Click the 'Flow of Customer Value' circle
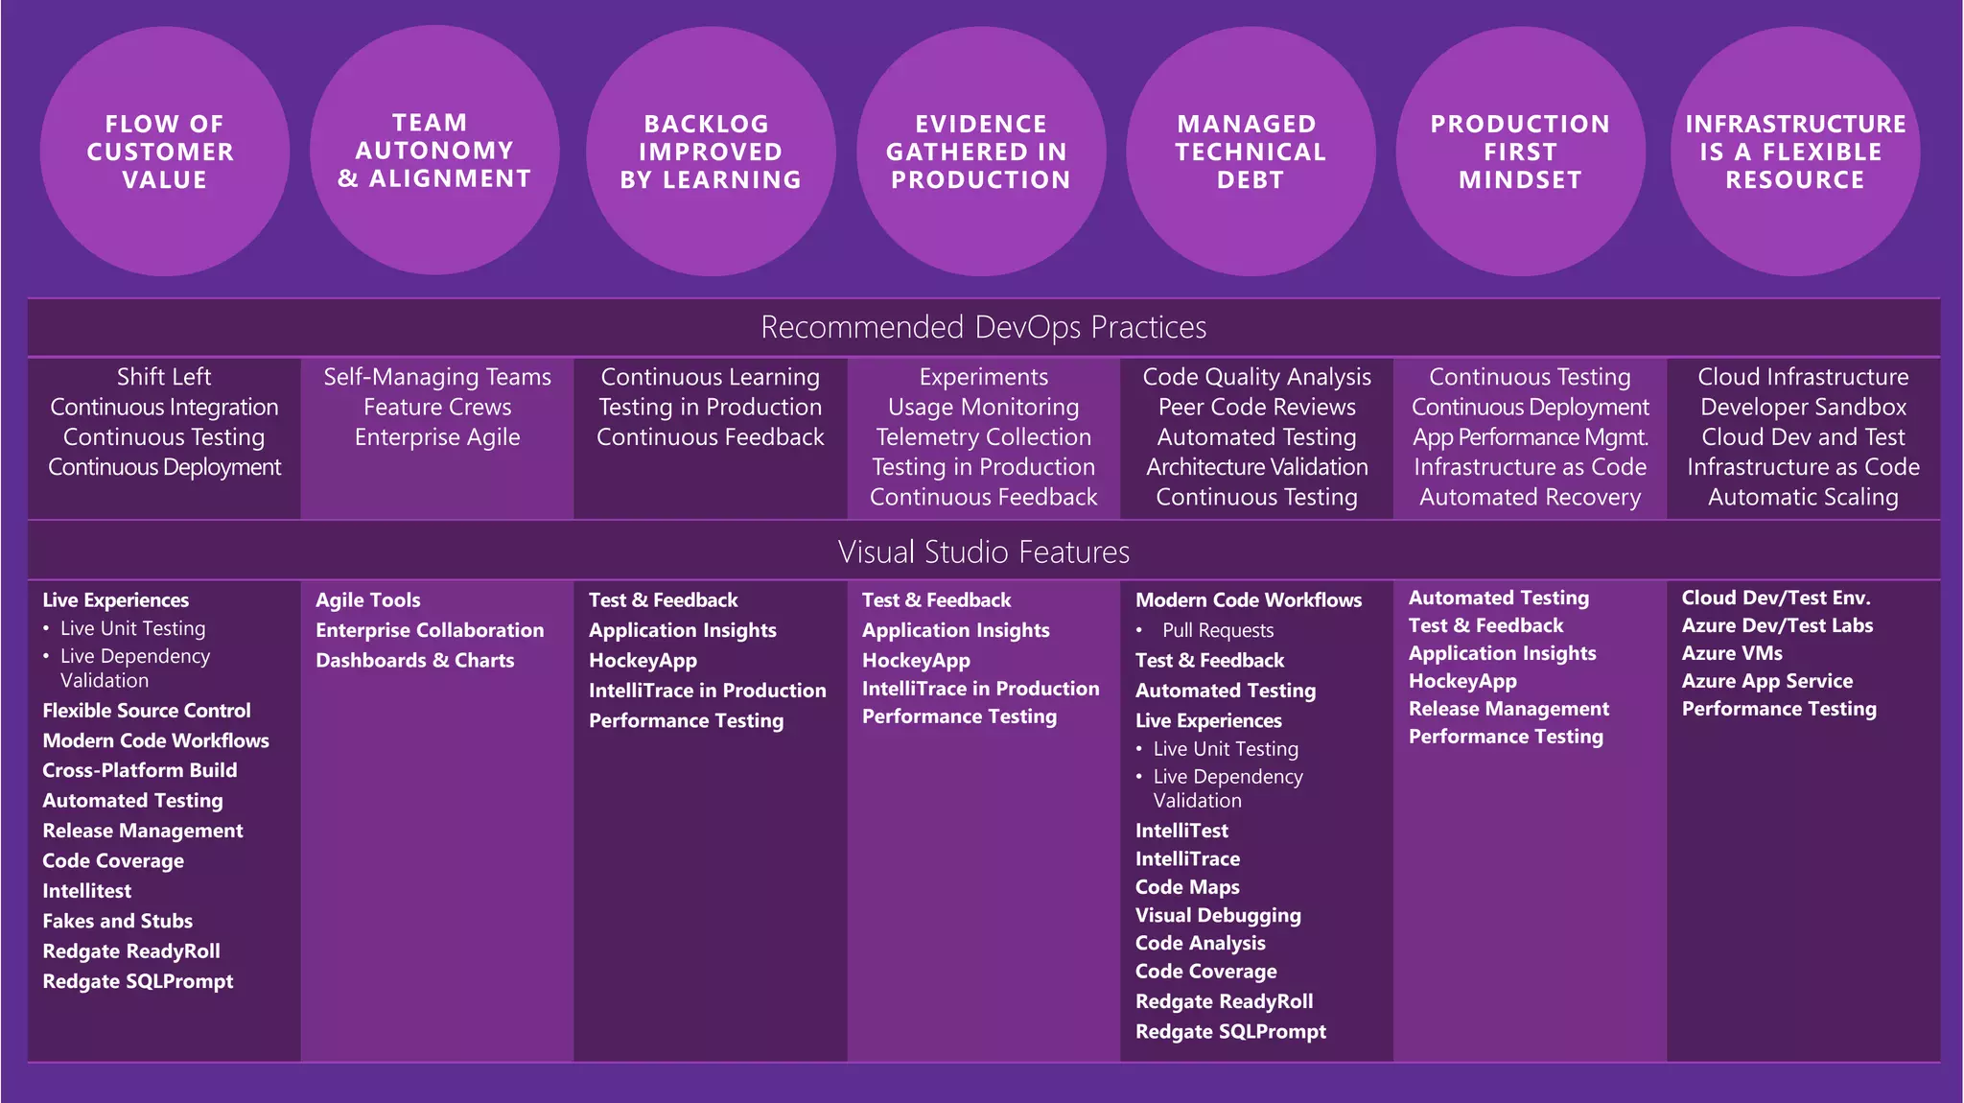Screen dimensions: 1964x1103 [x=164, y=152]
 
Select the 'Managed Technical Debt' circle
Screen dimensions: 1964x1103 [x=1251, y=152]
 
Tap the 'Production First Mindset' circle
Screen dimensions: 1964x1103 [x=1520, y=152]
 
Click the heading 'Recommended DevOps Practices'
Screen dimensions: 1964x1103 [x=983, y=327]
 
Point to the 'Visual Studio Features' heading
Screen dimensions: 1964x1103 [x=983, y=551]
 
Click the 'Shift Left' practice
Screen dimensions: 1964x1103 [x=164, y=377]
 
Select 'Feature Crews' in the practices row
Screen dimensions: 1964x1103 [x=437, y=407]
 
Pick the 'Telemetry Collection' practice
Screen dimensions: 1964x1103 [x=983, y=436]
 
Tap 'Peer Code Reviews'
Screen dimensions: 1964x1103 [x=1256, y=407]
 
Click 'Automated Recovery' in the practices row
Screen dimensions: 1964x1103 [x=1530, y=497]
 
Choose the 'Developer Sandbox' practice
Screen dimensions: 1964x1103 [x=1803, y=407]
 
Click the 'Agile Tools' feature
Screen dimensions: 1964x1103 [x=368, y=600]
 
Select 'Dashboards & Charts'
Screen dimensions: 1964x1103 [x=414, y=660]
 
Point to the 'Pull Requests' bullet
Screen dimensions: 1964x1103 [x=1218, y=630]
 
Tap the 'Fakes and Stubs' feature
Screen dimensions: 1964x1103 [x=117, y=921]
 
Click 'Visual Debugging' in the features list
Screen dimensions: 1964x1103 [x=1218, y=915]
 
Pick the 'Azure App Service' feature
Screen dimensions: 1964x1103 [x=1766, y=681]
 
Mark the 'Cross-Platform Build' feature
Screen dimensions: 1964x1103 [x=139, y=770]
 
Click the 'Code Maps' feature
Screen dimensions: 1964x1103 [x=1187, y=887]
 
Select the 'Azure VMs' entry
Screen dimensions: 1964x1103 [x=1732, y=653]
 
